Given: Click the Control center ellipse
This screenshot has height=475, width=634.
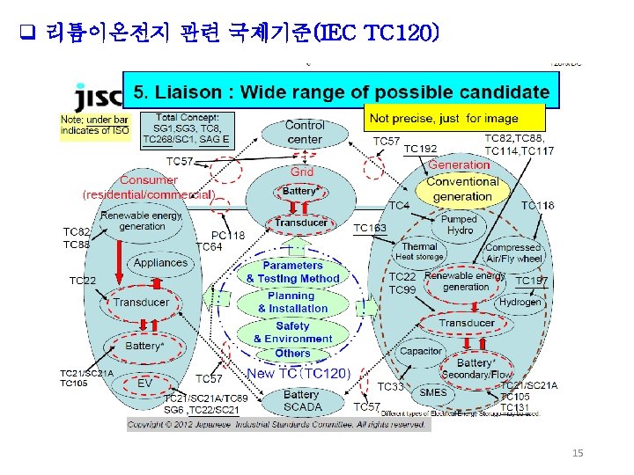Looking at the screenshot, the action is click(305, 132).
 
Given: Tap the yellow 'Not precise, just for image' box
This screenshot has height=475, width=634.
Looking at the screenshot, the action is click(455, 118).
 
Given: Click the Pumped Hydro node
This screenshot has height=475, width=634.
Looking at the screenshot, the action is click(458, 224).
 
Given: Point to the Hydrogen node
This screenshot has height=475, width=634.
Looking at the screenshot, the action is click(520, 302).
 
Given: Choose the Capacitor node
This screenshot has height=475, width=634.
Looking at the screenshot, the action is click(421, 351).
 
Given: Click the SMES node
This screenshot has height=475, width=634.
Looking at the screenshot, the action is click(432, 392).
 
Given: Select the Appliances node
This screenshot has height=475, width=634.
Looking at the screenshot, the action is click(160, 262).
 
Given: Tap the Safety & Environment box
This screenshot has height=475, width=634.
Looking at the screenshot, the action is click(292, 332).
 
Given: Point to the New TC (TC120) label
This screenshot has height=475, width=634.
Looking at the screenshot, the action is click(299, 374).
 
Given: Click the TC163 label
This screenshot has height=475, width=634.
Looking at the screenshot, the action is click(370, 228).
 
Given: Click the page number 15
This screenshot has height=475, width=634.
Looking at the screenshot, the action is click(578, 453).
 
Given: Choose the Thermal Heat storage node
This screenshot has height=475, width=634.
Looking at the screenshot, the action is click(419, 252).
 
